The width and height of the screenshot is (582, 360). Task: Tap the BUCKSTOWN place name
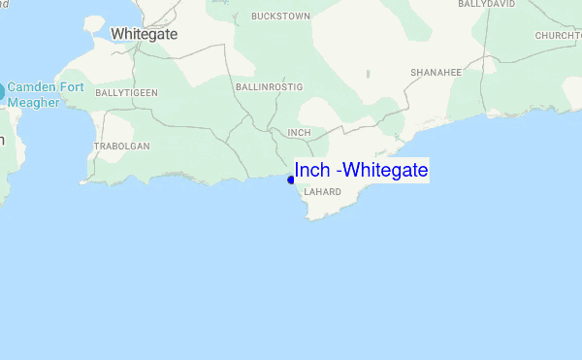[279, 16]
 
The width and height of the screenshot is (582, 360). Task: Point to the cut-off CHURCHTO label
[557, 36]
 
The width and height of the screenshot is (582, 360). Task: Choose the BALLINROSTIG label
[269, 87]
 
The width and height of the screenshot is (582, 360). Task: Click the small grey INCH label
[299, 132]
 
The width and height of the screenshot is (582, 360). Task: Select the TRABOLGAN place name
[121, 147]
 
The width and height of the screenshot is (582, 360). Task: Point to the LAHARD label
[322, 192]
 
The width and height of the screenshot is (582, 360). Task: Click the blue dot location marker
[291, 180]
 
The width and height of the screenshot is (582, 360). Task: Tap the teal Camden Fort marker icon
[1, 93]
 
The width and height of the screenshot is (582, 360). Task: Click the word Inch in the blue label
[311, 171]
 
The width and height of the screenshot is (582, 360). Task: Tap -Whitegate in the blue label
[381, 171]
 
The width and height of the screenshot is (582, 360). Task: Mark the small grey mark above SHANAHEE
[369, 73]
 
